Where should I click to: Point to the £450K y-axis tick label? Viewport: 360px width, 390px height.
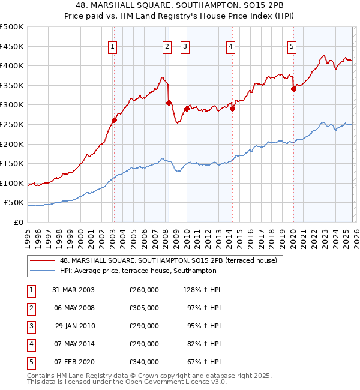pyautogui.click(x=12, y=46)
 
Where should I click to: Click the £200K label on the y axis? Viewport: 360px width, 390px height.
pyautogui.click(x=12, y=144)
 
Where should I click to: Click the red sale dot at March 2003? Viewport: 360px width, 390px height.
pyautogui.click(x=114, y=120)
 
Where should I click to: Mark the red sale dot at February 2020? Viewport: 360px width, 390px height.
pyautogui.click(x=293, y=89)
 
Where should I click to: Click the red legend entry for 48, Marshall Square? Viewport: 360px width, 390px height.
pyautogui.click(x=168, y=260)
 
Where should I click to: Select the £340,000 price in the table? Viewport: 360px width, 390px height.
pyautogui.click(x=144, y=362)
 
